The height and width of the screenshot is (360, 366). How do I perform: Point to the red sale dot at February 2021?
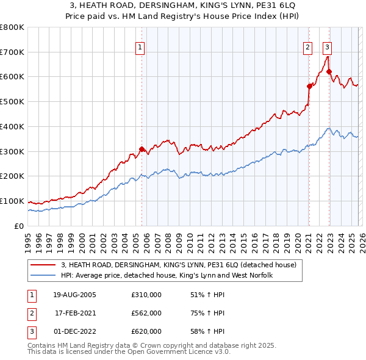[309, 86]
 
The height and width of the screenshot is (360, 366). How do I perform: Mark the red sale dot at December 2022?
[329, 72]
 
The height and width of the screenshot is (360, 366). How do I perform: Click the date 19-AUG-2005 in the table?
[75, 295]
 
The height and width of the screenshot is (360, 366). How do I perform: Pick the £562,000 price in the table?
[146, 313]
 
